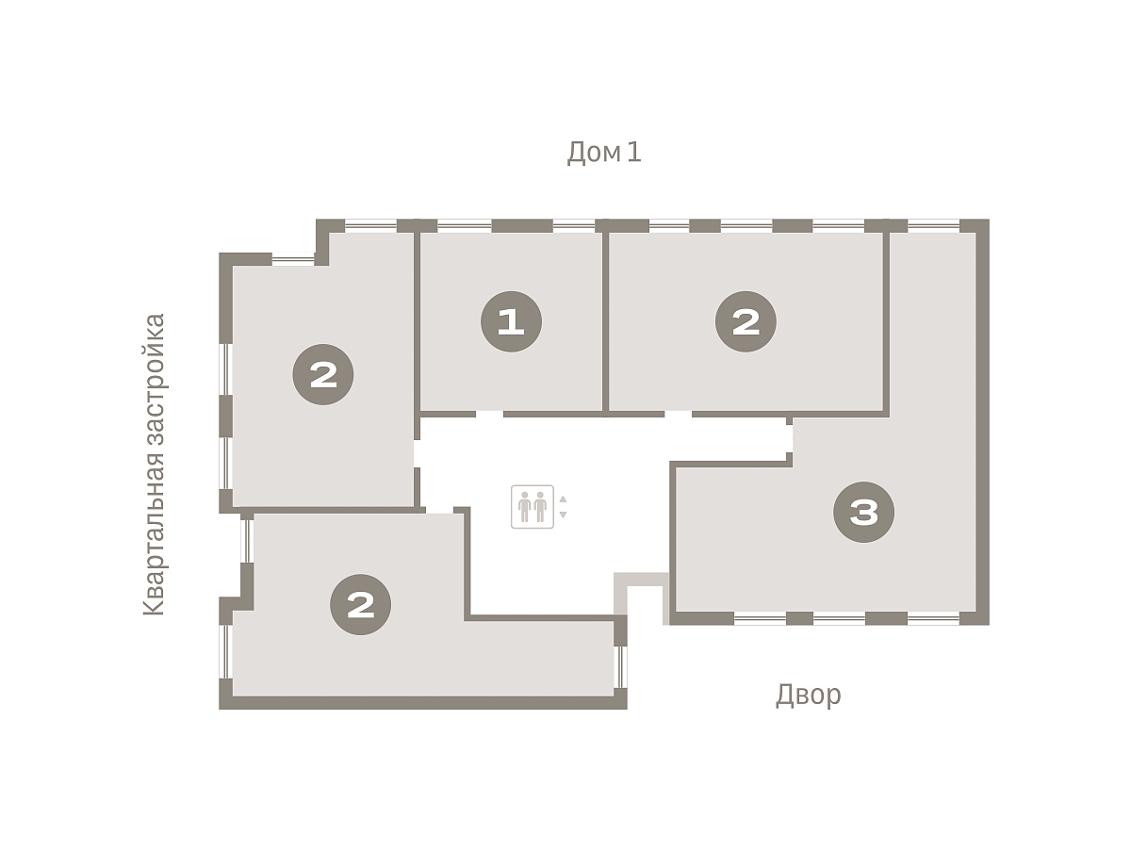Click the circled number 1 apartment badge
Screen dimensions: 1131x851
[511, 321]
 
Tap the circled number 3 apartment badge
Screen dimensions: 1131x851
[863, 512]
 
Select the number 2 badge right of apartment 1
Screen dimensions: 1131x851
[746, 321]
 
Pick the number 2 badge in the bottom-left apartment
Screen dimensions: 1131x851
[360, 604]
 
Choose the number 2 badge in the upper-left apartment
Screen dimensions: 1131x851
[323, 374]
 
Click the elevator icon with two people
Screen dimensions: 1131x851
[533, 506]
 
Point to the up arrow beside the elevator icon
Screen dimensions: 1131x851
[563, 499]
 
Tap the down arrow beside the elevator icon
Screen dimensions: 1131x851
[563, 515]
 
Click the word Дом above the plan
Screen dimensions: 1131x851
[594, 153]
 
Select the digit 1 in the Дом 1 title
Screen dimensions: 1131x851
[634, 152]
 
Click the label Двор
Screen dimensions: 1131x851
[808, 696]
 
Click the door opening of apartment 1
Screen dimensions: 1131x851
[489, 414]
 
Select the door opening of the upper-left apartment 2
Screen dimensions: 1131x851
[417, 453]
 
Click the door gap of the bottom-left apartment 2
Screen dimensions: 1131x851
[439, 510]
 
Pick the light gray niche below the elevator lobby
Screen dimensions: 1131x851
[642, 597]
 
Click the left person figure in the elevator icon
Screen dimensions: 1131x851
[525, 507]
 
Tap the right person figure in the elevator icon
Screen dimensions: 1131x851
[540, 507]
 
